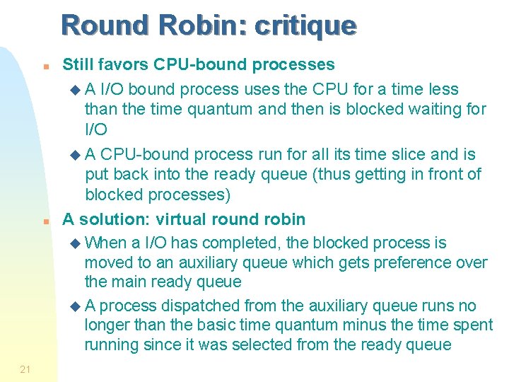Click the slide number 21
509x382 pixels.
(x=25, y=369)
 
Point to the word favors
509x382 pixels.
(x=127, y=65)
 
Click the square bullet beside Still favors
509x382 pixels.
(x=45, y=67)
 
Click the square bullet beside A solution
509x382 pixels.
(x=45, y=221)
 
